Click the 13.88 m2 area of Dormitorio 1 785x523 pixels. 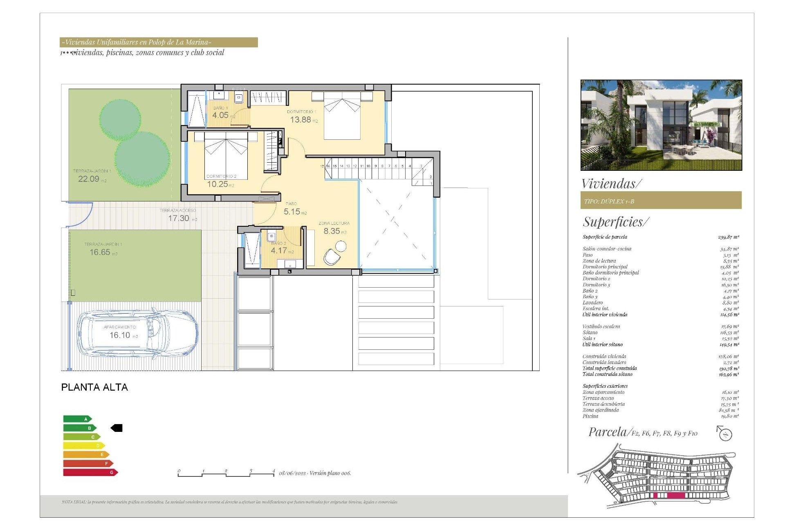[x=301, y=120]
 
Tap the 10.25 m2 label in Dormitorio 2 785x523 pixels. [x=218, y=184]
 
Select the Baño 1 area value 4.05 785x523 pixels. [x=220, y=115]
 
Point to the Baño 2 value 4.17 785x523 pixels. [x=279, y=250]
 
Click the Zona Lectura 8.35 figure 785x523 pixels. [x=332, y=231]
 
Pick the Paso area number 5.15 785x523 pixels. [x=292, y=212]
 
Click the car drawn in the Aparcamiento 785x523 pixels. [x=137, y=334]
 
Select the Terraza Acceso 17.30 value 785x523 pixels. [x=179, y=218]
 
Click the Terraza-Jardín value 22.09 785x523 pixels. [x=89, y=179]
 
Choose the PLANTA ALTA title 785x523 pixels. [x=94, y=387]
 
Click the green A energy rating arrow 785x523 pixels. [x=77, y=419]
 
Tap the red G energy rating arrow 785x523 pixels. [x=90, y=472]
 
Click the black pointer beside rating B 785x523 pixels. [x=117, y=428]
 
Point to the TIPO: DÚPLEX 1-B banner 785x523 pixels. [x=660, y=201]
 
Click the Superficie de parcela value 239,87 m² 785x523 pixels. [x=728, y=237]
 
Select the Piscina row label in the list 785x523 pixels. [x=590, y=416]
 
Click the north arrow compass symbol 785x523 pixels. [x=724, y=433]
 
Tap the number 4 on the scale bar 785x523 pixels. [x=274, y=471]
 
